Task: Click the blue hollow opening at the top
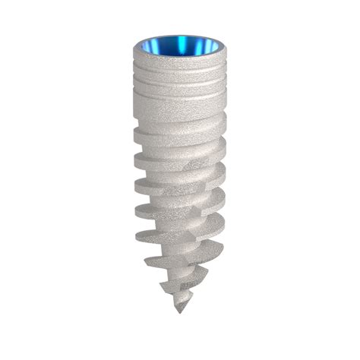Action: (x=180, y=49)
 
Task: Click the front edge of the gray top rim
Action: (x=180, y=62)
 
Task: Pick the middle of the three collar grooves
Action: (x=180, y=88)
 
